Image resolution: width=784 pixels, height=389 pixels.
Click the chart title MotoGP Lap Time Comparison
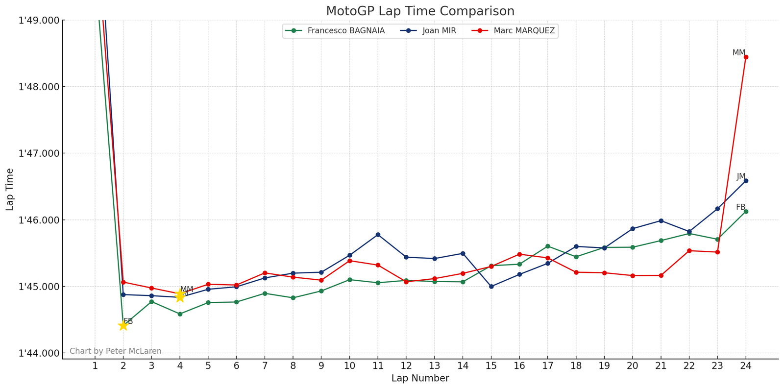[x=420, y=11]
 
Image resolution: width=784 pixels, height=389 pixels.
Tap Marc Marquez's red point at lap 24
[x=746, y=57]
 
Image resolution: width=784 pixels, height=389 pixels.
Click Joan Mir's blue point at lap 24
[x=746, y=181]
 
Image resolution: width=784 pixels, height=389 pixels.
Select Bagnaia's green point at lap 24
[x=746, y=212]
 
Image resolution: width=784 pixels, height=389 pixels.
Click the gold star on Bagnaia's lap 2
[x=123, y=326]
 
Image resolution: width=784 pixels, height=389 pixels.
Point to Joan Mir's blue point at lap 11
[x=378, y=235]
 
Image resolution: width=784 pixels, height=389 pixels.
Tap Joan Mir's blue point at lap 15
[x=491, y=287]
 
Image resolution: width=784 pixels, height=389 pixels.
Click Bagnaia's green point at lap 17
[x=548, y=246]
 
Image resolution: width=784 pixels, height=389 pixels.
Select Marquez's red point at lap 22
[x=689, y=251]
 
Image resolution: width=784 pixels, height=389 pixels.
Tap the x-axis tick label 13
[x=434, y=366]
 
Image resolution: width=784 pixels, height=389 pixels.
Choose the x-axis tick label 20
[x=632, y=366]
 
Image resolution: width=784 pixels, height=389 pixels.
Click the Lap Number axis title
[x=420, y=379]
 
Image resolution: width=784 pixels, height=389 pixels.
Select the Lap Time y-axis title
[x=10, y=189]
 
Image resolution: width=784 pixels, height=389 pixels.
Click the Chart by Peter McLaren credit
[x=116, y=351]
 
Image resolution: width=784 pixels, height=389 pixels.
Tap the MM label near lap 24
[x=738, y=53]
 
